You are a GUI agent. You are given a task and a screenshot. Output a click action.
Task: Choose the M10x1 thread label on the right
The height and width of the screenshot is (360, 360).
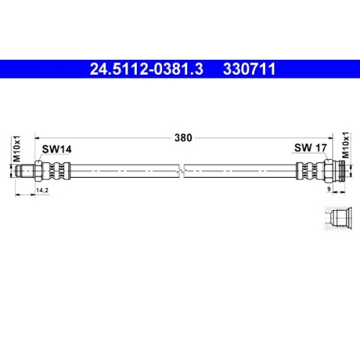pyautogui.click(x=345, y=147)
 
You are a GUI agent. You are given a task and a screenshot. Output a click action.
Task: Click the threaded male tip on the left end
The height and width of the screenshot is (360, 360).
pyautogui.click(x=24, y=172)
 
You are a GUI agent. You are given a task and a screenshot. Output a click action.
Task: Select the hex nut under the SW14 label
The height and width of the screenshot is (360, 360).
pyautogui.click(x=45, y=172)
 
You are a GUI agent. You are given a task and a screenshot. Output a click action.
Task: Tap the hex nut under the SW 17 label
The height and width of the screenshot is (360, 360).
pyautogui.click(x=325, y=172)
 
